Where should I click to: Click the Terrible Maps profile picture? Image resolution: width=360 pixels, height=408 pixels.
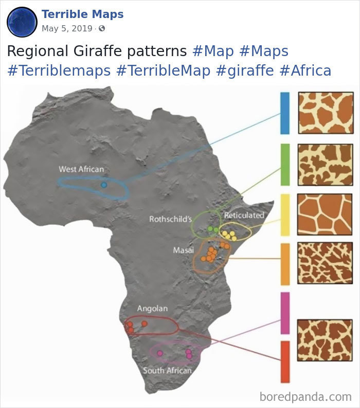pyautogui.click(x=22, y=22)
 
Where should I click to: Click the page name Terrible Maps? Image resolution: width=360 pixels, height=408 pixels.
pyautogui.click(x=82, y=14)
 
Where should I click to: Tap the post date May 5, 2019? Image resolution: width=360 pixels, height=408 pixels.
pyautogui.click(x=67, y=28)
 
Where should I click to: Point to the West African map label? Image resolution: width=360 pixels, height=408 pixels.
pyautogui.click(x=81, y=169)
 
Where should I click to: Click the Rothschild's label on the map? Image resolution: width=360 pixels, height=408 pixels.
pyautogui.click(x=170, y=219)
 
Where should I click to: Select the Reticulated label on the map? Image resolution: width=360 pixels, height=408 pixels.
pyautogui.click(x=244, y=215)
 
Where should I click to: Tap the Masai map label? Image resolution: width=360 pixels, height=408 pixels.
pyautogui.click(x=183, y=250)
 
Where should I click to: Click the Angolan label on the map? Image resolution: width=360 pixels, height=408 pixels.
pyautogui.click(x=152, y=308)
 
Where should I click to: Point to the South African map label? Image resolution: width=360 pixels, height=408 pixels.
pyautogui.click(x=167, y=370)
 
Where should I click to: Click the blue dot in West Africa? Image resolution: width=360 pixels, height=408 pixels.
pyautogui.click(x=104, y=184)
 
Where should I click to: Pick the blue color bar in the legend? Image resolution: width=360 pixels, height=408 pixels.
pyautogui.click(x=284, y=113)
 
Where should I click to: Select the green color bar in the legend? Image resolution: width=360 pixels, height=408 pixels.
pyautogui.click(x=284, y=165)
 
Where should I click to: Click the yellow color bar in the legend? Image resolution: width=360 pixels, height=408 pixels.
pyautogui.click(x=284, y=215)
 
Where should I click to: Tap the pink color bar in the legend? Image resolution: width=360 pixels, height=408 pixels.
pyautogui.click(x=284, y=313)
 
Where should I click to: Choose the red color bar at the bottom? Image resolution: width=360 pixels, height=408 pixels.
pyautogui.click(x=284, y=362)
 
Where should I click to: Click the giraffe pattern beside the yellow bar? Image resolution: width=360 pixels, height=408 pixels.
pyautogui.click(x=326, y=215)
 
